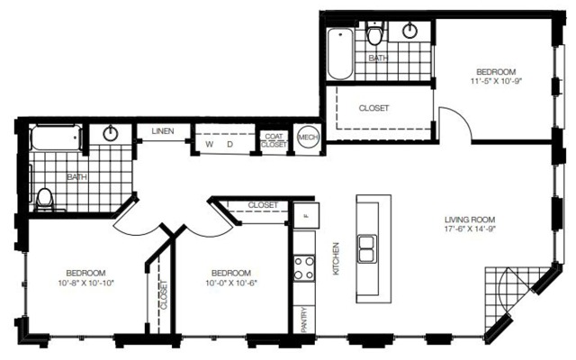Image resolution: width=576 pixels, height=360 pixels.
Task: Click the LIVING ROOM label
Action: tap(470, 220)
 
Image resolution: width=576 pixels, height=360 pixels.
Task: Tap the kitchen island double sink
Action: tap(367, 248)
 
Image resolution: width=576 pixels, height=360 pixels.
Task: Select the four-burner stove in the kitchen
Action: tap(304, 268)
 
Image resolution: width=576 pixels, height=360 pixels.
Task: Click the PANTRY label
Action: tap(304, 319)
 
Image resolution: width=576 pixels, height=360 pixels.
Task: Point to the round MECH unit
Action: tap(308, 137)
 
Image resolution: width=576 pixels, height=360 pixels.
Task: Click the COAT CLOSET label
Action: tap(274, 140)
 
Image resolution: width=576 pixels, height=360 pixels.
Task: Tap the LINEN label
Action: tap(163, 131)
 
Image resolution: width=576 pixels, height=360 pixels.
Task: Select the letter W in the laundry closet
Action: tap(210, 144)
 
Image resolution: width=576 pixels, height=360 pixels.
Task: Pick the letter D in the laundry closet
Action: tap(230, 144)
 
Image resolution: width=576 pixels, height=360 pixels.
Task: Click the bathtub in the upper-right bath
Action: tap(340, 54)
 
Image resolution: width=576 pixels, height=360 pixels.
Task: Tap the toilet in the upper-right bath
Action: tap(375, 34)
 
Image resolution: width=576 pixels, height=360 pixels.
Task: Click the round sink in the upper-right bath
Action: tap(409, 30)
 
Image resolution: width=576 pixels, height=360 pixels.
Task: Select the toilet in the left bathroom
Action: tap(45, 200)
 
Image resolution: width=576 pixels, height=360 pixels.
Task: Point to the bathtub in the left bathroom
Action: tap(56, 138)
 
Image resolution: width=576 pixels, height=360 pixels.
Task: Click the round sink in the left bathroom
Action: tap(110, 133)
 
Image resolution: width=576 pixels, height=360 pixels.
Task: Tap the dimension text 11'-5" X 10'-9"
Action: tap(496, 81)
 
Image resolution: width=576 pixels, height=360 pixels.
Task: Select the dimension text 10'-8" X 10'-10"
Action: tap(86, 283)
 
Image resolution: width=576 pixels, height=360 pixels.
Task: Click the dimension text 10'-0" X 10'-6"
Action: tap(231, 283)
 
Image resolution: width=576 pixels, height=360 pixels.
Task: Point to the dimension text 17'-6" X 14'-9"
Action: tap(470, 229)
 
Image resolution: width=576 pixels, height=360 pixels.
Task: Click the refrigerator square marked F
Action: tap(306, 216)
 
